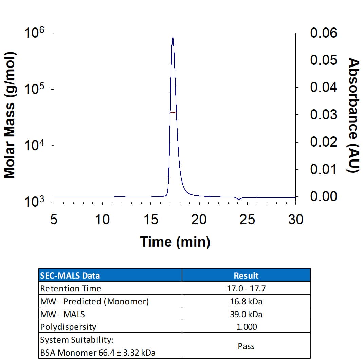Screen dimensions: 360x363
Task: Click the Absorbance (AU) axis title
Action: [x=354, y=115]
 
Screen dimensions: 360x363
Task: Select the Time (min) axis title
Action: [x=175, y=242]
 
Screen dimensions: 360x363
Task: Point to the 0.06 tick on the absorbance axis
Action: [x=323, y=33]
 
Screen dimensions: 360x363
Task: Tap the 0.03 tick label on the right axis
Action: [x=323, y=115]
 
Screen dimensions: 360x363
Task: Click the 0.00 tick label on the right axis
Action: [x=323, y=196]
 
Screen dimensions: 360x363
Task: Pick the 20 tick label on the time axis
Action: [x=199, y=220]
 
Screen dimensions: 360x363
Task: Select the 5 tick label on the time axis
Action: [x=54, y=220]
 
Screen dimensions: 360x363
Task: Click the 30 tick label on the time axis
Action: [x=295, y=220]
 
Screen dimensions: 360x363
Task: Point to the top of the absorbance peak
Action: [x=173, y=38]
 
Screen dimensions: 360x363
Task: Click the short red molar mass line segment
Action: [x=174, y=112]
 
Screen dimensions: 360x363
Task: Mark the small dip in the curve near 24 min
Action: [x=239, y=199]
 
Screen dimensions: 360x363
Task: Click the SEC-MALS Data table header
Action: [x=70, y=275]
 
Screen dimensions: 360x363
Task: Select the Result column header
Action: [x=246, y=275]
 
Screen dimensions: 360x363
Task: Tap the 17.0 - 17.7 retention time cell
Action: [x=246, y=288]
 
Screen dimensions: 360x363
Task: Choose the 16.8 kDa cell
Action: [x=246, y=301]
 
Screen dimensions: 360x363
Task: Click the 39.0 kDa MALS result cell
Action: [x=246, y=314]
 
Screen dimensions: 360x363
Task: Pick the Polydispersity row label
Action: [x=68, y=327]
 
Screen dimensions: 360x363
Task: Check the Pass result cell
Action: [x=246, y=346]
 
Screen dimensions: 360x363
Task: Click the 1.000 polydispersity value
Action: [x=246, y=327]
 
